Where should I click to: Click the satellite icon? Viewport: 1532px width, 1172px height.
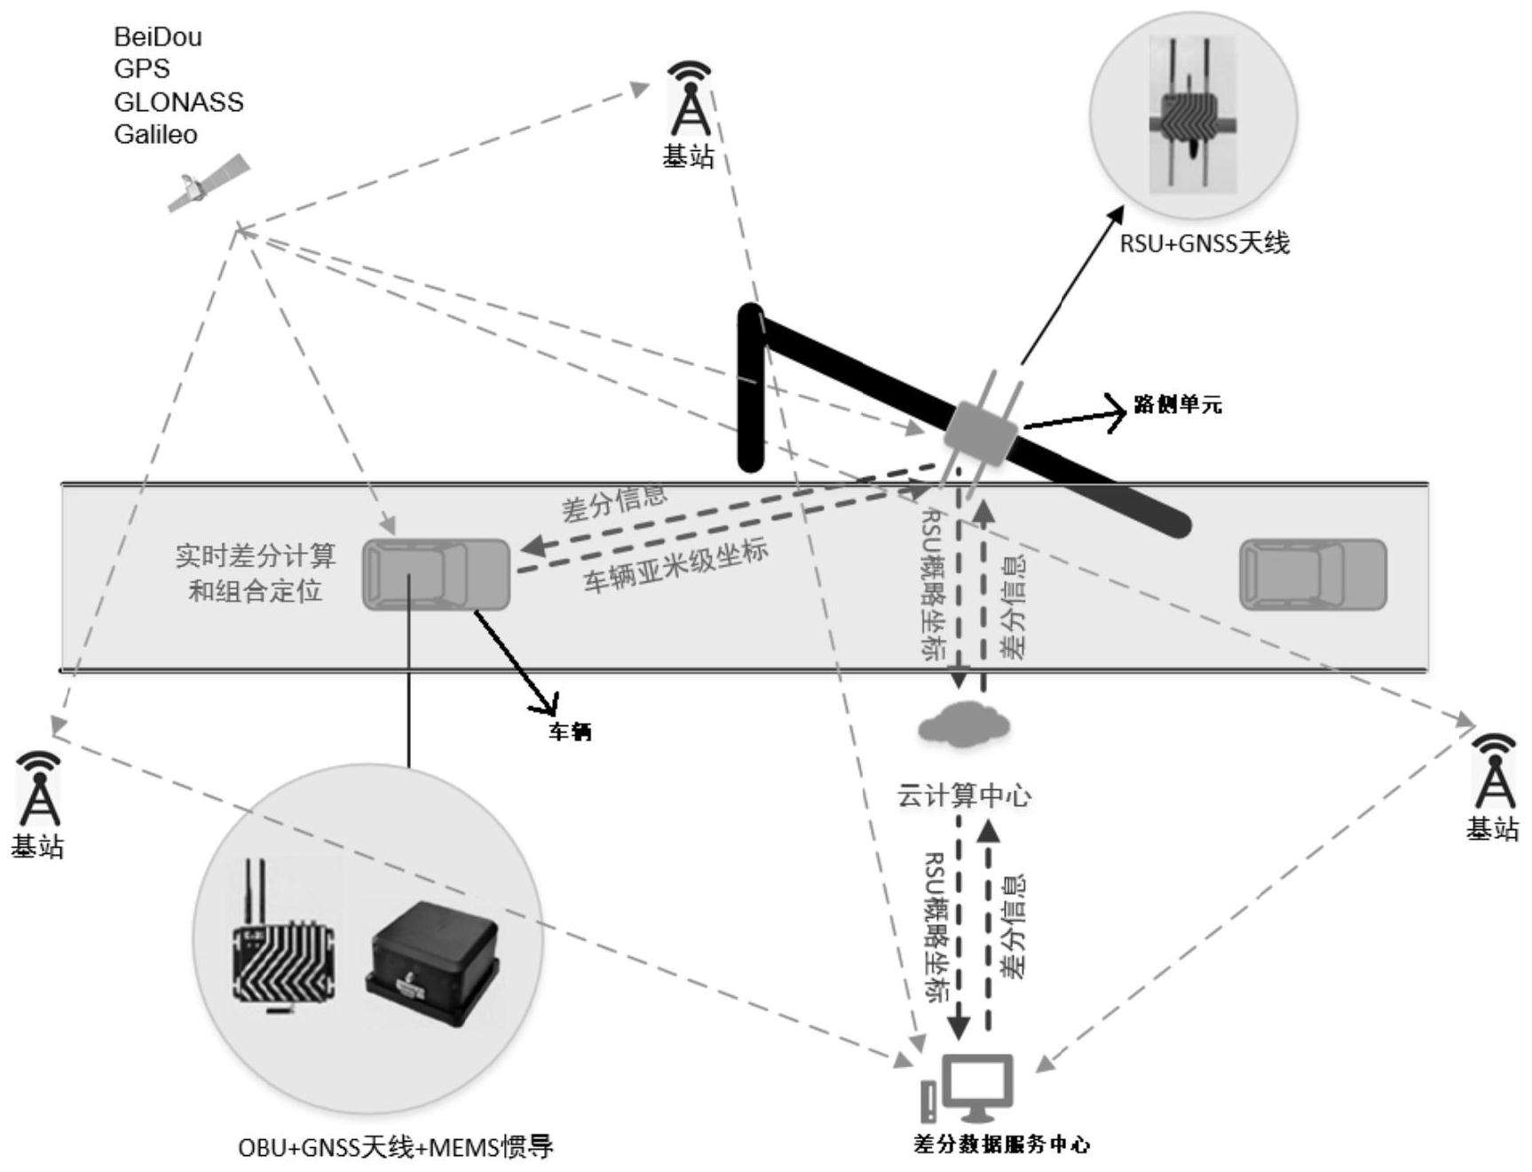click(209, 184)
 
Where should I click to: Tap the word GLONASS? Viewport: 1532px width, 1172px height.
click(178, 102)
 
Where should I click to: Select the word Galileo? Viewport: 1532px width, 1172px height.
click(155, 135)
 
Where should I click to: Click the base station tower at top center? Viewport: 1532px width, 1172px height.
click(690, 99)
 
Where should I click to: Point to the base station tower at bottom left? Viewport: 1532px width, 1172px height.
click(38, 789)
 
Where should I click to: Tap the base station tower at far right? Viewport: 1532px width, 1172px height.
click(1494, 772)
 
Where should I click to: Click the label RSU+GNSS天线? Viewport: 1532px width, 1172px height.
click(1204, 242)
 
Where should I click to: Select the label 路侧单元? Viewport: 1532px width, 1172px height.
click(1178, 405)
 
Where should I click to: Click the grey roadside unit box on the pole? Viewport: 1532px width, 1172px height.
click(980, 433)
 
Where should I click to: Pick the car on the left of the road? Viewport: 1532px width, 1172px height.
click(436, 574)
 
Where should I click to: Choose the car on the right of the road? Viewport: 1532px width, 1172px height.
click(1313, 574)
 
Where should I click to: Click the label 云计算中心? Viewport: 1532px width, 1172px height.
click(964, 795)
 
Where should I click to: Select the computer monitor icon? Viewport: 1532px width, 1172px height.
click(976, 1087)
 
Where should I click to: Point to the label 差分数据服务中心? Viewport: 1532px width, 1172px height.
click(1001, 1144)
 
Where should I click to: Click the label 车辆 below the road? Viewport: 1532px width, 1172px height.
click(570, 732)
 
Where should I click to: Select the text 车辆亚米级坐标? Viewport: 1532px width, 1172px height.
click(675, 566)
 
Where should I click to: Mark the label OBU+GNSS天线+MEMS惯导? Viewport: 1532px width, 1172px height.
click(396, 1148)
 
